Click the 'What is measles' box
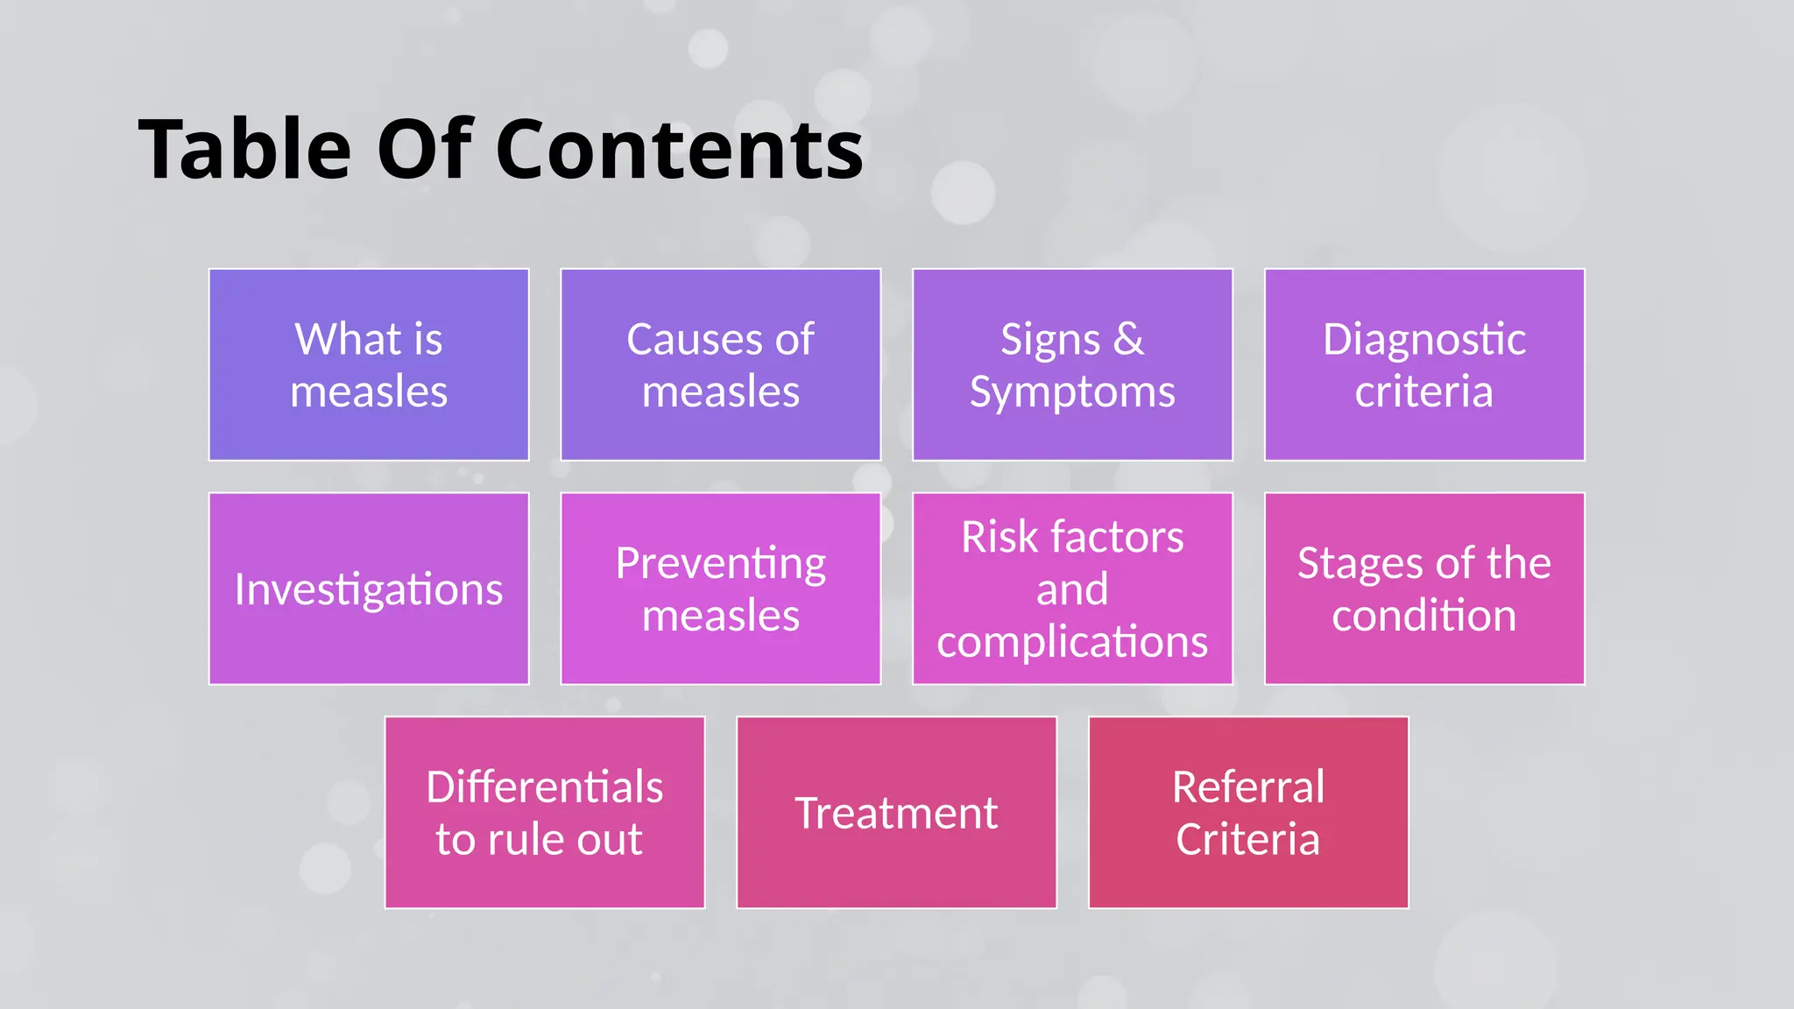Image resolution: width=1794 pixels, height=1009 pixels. [369, 364]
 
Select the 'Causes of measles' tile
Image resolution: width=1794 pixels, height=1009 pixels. [720, 364]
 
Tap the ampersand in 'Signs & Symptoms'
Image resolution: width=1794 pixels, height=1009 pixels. [1128, 339]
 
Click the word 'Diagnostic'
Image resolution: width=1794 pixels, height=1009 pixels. [1423, 339]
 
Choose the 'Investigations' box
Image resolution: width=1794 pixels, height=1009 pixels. [369, 589]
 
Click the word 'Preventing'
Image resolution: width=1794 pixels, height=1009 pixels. [720, 563]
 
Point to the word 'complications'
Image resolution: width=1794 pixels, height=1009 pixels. [1072, 642]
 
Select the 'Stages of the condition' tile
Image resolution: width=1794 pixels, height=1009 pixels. [1424, 589]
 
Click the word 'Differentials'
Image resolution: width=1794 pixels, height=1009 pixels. [544, 787]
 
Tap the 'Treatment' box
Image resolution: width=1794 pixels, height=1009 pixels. [896, 813]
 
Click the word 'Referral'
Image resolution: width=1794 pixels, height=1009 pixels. [1248, 787]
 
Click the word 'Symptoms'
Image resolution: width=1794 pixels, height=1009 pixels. [1072, 392]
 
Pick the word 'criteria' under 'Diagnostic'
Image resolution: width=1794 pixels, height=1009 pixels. [1423, 392]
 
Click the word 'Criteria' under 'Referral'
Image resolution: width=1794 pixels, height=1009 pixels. [1247, 839]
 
